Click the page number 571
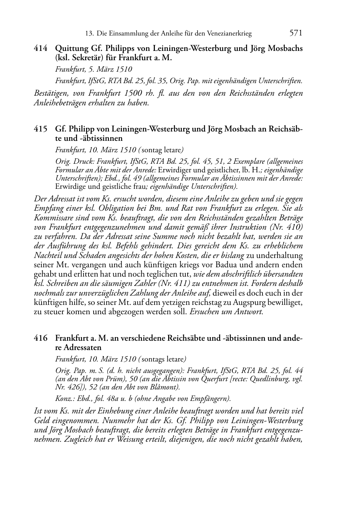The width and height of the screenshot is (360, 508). [296, 33]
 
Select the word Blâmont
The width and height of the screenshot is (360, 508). [165, 387]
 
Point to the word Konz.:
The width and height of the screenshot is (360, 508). [63, 398]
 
